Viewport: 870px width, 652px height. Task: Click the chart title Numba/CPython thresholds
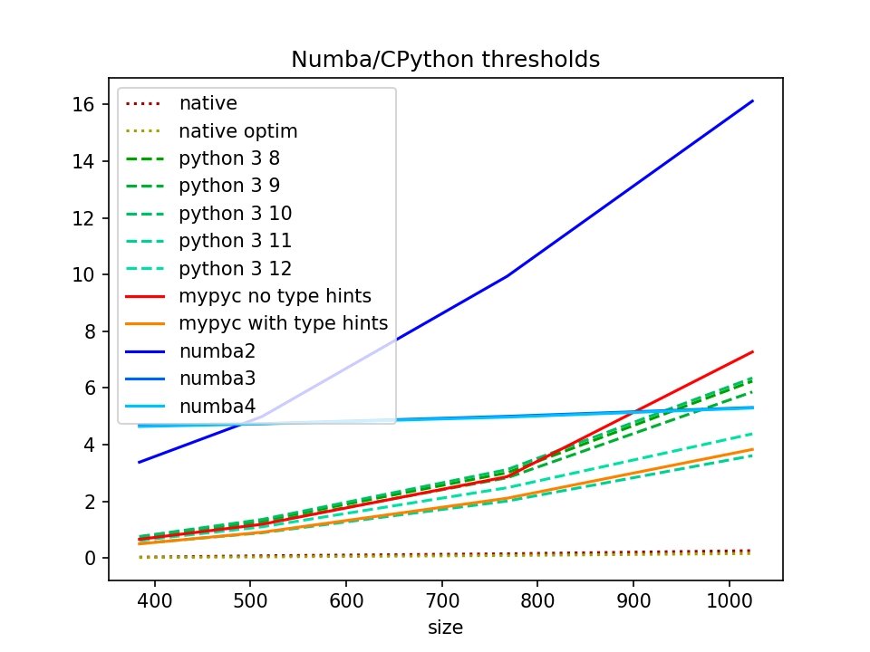tap(445, 60)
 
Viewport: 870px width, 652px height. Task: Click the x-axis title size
tap(445, 627)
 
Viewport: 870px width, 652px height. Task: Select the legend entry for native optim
tap(238, 131)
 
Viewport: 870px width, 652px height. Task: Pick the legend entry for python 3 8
tap(229, 158)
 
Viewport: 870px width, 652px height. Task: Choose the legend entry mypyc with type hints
tap(283, 322)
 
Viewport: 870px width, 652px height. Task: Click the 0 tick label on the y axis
tap(92, 559)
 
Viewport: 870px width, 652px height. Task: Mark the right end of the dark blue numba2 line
tap(753, 101)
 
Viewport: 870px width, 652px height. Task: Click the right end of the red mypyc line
tap(753, 351)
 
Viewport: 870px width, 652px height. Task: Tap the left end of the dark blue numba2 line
tap(139, 462)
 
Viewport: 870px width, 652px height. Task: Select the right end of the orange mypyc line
tap(753, 449)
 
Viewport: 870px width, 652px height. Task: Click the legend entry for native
tap(208, 104)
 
